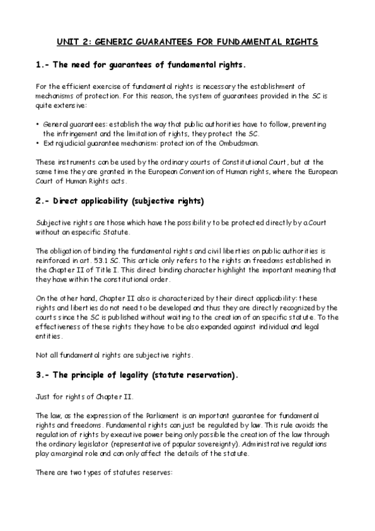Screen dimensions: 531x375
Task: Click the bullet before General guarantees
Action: (38, 125)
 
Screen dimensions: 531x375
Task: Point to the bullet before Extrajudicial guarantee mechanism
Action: (38, 143)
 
